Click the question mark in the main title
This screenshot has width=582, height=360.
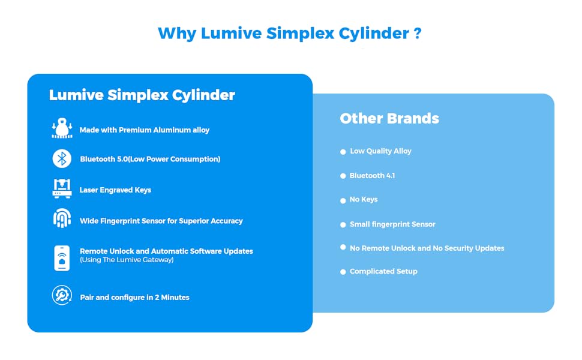pos(417,33)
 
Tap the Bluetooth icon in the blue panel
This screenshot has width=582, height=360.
pos(61,159)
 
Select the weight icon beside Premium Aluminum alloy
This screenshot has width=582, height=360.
pos(61,129)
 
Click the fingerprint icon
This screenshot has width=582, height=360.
pos(61,219)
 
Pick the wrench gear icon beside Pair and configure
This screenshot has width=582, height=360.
pos(61,296)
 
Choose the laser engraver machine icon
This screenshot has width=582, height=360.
pos(61,188)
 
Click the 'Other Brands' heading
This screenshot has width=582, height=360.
pos(389,119)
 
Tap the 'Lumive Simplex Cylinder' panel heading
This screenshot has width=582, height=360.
pos(142,95)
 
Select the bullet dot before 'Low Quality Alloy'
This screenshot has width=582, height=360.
pos(343,152)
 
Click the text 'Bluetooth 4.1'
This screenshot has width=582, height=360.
pos(372,176)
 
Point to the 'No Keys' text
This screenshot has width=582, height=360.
pos(364,200)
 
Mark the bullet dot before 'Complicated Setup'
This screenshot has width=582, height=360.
pos(343,272)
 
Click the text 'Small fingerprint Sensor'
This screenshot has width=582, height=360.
pos(392,224)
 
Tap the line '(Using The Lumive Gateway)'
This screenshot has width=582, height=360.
pos(127,260)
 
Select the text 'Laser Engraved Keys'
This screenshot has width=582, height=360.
pos(115,190)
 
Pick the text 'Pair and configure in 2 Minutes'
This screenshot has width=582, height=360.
pos(134,298)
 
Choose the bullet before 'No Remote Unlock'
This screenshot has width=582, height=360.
pos(343,247)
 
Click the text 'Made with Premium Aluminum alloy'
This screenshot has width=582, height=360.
pos(145,130)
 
